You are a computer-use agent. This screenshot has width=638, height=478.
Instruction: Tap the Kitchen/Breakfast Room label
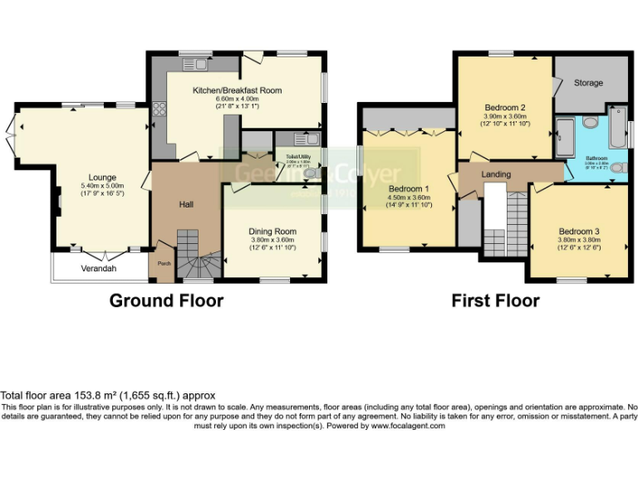click(x=237, y=90)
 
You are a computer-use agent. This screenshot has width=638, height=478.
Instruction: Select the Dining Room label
click(x=272, y=232)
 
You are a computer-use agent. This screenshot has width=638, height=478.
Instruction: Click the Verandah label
click(x=99, y=269)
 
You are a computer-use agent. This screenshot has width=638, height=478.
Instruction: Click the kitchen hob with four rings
click(x=159, y=111)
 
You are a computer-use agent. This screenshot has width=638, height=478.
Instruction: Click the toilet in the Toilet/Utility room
click(x=311, y=173)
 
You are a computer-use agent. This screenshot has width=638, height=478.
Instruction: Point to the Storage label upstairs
click(x=588, y=83)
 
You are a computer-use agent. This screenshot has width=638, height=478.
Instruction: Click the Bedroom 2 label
click(x=505, y=108)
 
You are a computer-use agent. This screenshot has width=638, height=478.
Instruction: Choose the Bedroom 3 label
click(x=579, y=232)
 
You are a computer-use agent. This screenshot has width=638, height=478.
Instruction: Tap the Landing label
click(x=496, y=174)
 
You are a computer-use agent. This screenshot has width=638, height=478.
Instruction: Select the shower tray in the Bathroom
click(x=564, y=134)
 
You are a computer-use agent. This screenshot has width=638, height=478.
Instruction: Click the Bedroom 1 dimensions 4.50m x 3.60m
click(x=410, y=198)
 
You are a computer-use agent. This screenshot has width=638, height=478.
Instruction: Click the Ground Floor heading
click(x=166, y=300)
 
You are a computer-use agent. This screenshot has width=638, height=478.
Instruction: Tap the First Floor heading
click(x=495, y=300)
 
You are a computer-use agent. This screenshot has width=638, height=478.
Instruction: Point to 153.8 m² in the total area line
click(x=92, y=396)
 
